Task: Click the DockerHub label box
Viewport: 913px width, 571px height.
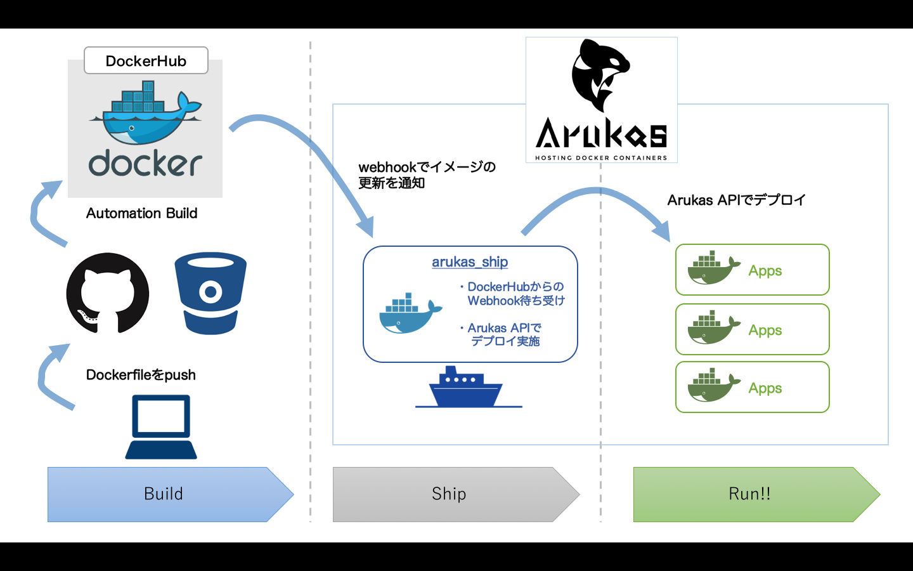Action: pyautogui.click(x=146, y=61)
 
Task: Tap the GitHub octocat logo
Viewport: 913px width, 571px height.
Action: pyautogui.click(x=108, y=293)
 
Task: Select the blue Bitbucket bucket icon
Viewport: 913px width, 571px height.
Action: pyautogui.click(x=210, y=293)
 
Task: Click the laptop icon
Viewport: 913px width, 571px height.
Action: pyautogui.click(x=161, y=426)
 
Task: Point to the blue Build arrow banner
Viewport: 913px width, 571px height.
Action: pyautogui.click(x=164, y=494)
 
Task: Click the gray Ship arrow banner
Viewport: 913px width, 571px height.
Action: pyautogui.click(x=449, y=494)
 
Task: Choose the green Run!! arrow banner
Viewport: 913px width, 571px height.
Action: pyautogui.click(x=749, y=494)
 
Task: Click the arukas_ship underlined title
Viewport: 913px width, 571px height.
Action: pyautogui.click(x=470, y=262)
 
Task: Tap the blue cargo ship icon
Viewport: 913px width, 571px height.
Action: pyautogui.click(x=468, y=386)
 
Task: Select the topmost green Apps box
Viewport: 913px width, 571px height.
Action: pyautogui.click(x=752, y=270)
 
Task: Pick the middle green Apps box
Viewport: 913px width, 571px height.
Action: pyautogui.click(x=752, y=329)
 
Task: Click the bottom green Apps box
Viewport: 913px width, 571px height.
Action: pyautogui.click(x=752, y=387)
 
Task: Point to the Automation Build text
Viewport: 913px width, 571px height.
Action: pyautogui.click(x=141, y=213)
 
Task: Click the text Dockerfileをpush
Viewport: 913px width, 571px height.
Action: pyautogui.click(x=141, y=375)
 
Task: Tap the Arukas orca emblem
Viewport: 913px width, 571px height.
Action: pyautogui.click(x=600, y=75)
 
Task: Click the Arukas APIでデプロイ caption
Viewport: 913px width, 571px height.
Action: pyautogui.click(x=736, y=200)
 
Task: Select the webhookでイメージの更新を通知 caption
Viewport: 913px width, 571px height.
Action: pyautogui.click(x=427, y=175)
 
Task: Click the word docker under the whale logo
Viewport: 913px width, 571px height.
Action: pyautogui.click(x=145, y=164)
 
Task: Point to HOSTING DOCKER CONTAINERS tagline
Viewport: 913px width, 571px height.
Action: pyautogui.click(x=601, y=158)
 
